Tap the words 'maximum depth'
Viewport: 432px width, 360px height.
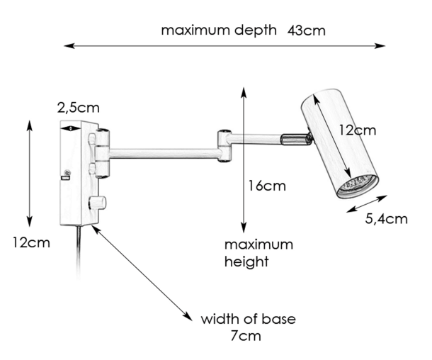pos(218,30)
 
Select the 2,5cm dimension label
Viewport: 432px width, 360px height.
pos(78,108)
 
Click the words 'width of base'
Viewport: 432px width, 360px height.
pos(248,318)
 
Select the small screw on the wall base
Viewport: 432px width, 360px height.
pos(67,172)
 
